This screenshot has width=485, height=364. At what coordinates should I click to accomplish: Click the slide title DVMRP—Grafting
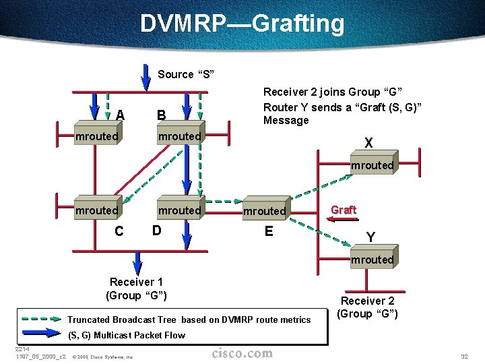pyautogui.click(x=243, y=24)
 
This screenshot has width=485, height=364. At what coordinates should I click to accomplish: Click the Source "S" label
pyautogui.click(x=185, y=74)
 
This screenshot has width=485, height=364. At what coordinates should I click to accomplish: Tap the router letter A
pyautogui.click(x=119, y=115)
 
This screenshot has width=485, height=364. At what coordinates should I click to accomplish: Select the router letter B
pyautogui.click(x=162, y=115)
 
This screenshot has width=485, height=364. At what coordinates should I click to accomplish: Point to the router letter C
pyautogui.click(x=119, y=231)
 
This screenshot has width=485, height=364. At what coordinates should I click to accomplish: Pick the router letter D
pyautogui.click(x=156, y=230)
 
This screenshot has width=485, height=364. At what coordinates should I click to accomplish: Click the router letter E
pyautogui.click(x=269, y=231)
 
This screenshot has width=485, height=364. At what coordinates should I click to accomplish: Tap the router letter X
pyautogui.click(x=368, y=143)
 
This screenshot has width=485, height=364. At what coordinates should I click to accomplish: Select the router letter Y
pyautogui.click(x=370, y=237)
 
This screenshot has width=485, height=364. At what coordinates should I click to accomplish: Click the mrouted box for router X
pyautogui.click(x=371, y=165)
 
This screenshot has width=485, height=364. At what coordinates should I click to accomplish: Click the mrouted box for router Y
pyautogui.click(x=371, y=260)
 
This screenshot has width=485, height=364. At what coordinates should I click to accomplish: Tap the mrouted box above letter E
pyautogui.click(x=265, y=211)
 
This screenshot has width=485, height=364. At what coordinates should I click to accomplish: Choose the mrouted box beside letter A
pyautogui.click(x=96, y=137)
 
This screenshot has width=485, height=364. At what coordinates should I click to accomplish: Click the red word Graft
pyautogui.click(x=344, y=210)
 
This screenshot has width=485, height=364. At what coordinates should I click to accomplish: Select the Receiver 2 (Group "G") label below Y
pyautogui.click(x=368, y=307)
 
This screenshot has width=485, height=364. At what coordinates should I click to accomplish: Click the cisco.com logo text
pyautogui.click(x=243, y=353)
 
